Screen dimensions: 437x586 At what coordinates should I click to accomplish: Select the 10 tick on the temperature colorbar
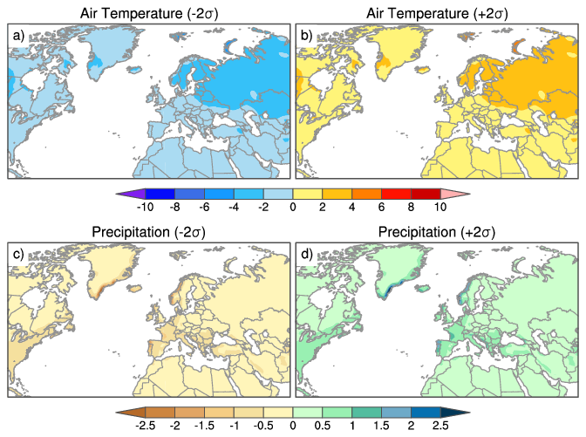[x=439, y=207]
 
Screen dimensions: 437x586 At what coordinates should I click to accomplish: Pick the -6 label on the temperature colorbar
[x=204, y=207]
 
